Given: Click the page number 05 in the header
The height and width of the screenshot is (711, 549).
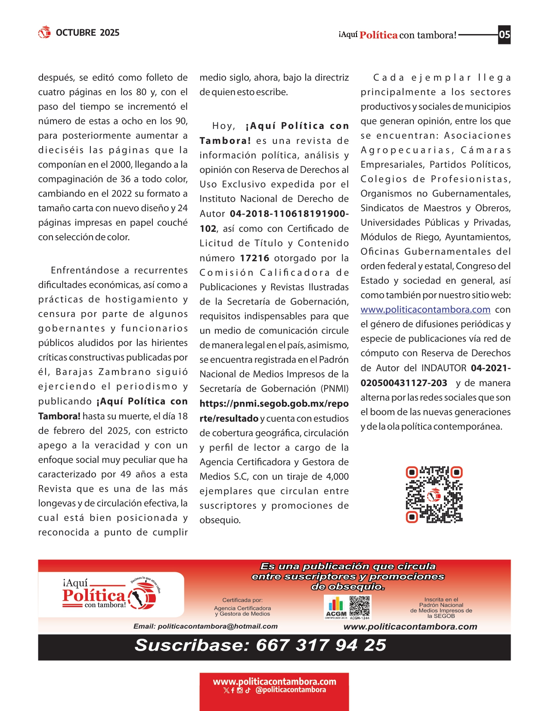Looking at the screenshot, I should point(504,34).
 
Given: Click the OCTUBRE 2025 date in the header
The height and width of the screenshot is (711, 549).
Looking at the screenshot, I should point(87,33).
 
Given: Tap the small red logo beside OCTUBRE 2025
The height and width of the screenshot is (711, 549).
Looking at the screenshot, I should point(44,32).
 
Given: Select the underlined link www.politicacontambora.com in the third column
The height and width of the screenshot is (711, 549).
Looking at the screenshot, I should point(425,309).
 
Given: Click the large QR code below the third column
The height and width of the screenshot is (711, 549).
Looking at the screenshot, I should point(434,494).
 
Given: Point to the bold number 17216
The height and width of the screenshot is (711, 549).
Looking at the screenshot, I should point(254,258).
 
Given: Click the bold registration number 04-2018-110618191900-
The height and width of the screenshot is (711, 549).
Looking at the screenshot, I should point(289,214).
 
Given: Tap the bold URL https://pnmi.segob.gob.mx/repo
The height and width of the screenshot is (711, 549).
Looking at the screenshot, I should point(274,404).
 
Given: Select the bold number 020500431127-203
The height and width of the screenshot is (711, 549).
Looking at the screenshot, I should point(404,383).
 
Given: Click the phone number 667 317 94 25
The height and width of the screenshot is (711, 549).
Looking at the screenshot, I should point(321,645).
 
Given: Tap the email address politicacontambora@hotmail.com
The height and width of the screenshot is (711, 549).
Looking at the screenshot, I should point(217,627).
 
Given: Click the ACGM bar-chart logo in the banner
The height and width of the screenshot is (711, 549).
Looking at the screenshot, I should point(336,606).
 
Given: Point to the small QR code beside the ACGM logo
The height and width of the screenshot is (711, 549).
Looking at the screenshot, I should point(360,606).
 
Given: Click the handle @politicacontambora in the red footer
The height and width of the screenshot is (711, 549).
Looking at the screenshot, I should point(291,690).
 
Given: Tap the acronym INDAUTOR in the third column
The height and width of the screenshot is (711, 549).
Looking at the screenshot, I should point(444,368).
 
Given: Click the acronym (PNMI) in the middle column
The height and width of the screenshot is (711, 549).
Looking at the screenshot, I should point(335,389).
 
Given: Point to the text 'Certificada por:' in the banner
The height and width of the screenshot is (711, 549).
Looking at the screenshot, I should point(242,600).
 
